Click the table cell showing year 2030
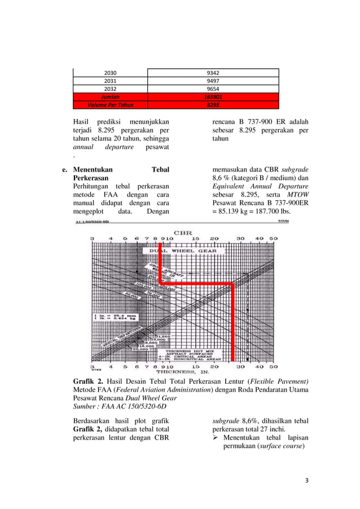[x=111, y=72]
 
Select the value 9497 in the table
[x=213, y=81]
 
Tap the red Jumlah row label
[x=111, y=96]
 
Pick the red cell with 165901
[x=213, y=96]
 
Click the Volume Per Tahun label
[x=111, y=104]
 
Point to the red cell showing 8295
[x=213, y=104]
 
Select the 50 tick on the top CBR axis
[x=273, y=239]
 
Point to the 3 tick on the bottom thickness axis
[x=92, y=366]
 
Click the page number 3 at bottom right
[x=306, y=481]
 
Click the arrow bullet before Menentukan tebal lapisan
[x=216, y=438]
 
